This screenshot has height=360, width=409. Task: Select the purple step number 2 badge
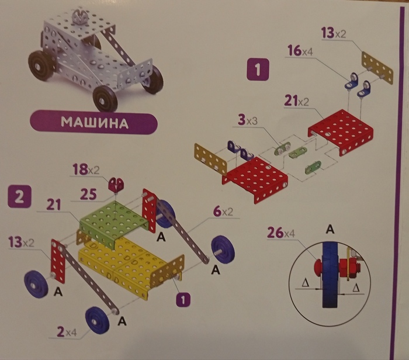(x=19, y=196)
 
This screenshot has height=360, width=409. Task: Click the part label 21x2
(x=297, y=102)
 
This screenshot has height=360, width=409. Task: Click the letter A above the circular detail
(x=331, y=230)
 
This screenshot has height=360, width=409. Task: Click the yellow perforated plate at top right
(x=377, y=67)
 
